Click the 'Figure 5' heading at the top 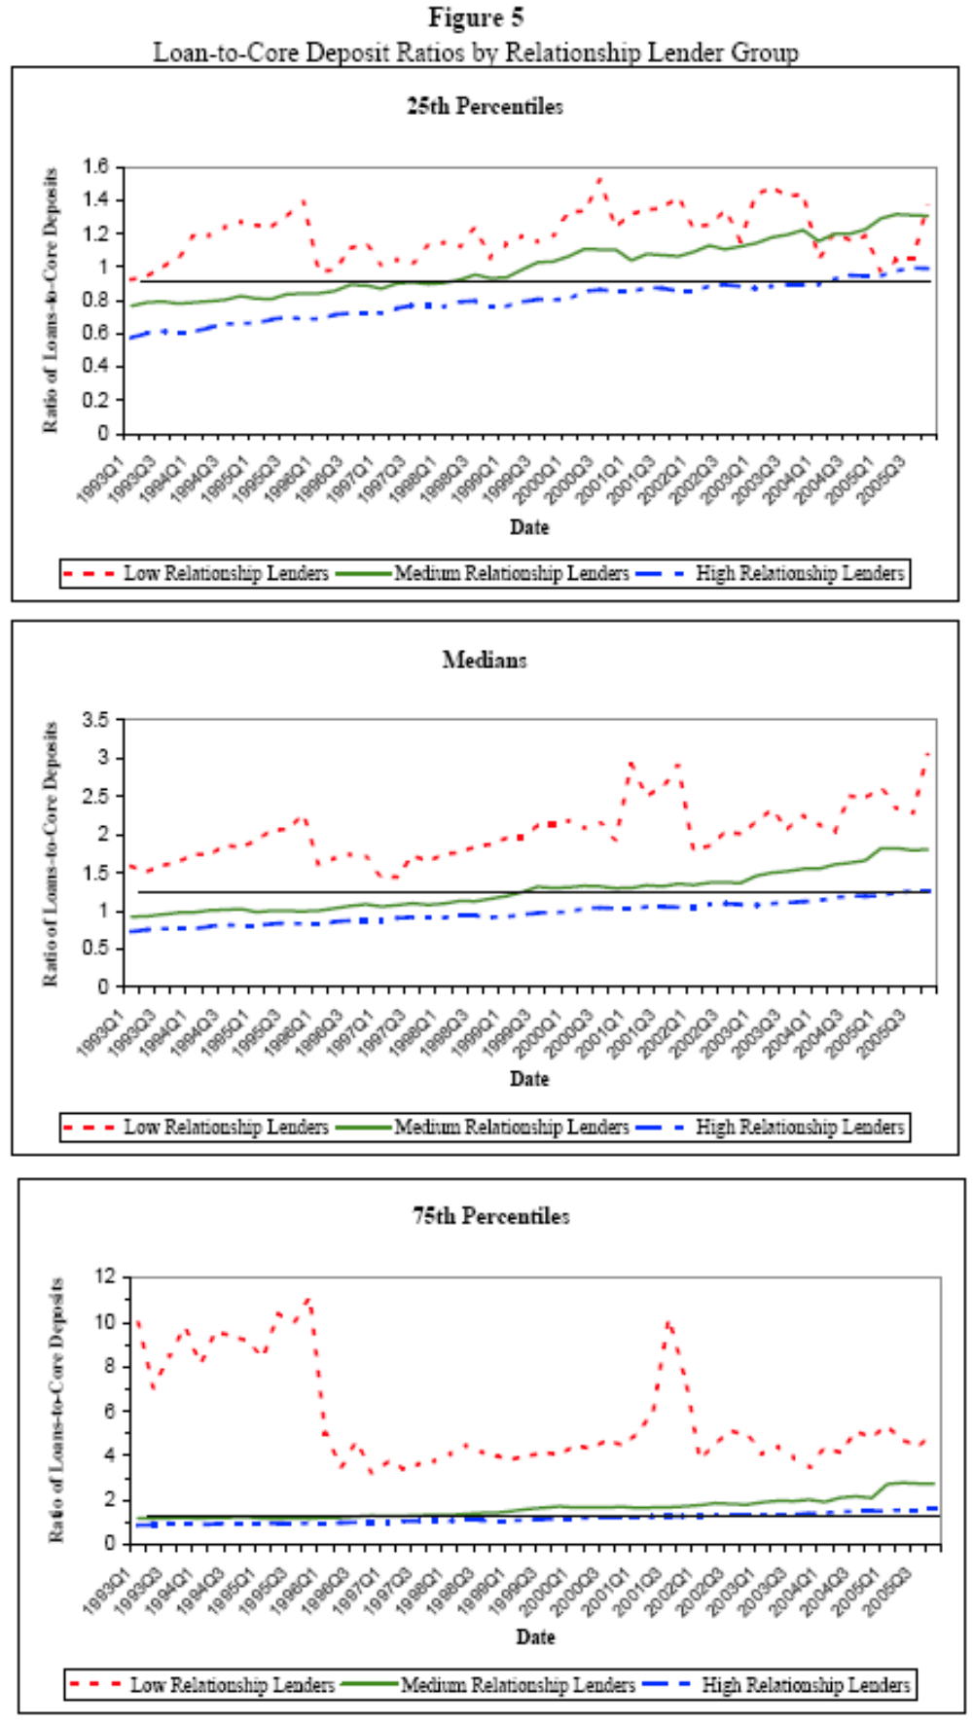click(476, 18)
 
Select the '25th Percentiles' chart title click(485, 106)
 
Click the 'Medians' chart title click(485, 660)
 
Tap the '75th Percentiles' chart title click(490, 1216)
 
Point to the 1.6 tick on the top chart click(96, 166)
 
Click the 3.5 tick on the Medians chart click(96, 720)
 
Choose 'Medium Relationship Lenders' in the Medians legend click(512, 1128)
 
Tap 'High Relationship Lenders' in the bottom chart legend click(806, 1685)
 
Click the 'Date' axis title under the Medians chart click(529, 1079)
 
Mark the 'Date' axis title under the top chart click(529, 526)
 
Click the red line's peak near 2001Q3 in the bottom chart click(668, 1321)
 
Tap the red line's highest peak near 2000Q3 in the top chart click(600, 178)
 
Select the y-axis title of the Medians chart click(50, 853)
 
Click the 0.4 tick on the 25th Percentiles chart click(96, 367)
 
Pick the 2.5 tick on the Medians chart click(96, 796)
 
